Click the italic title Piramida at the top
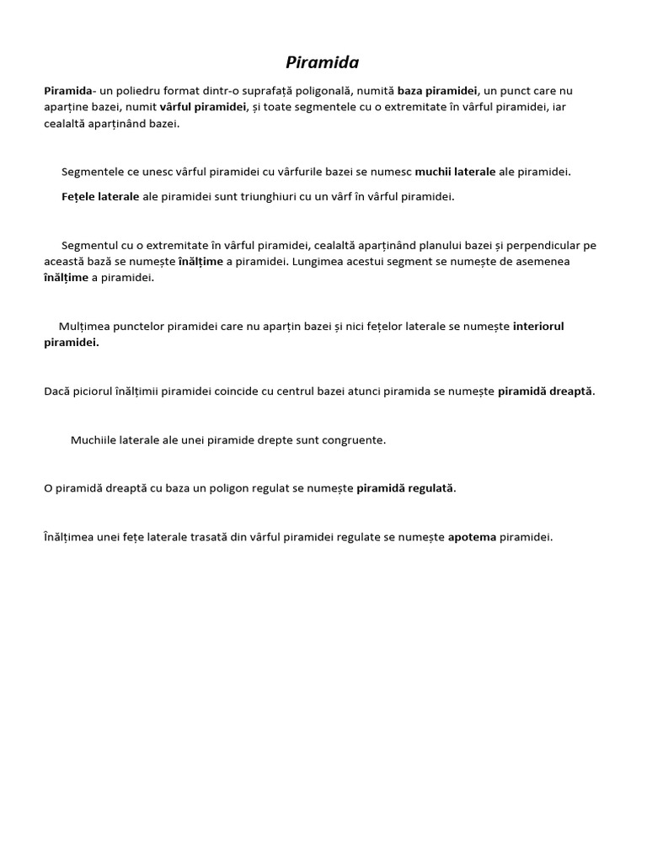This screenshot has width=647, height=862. coord(323,62)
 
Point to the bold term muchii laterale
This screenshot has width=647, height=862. coord(455,172)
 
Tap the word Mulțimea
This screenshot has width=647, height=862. coord(85,326)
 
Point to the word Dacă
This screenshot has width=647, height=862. coord(57,391)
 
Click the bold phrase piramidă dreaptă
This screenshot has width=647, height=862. coord(545,391)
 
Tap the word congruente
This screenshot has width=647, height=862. coord(355,439)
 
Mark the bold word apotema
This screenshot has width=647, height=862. coord(471,537)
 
